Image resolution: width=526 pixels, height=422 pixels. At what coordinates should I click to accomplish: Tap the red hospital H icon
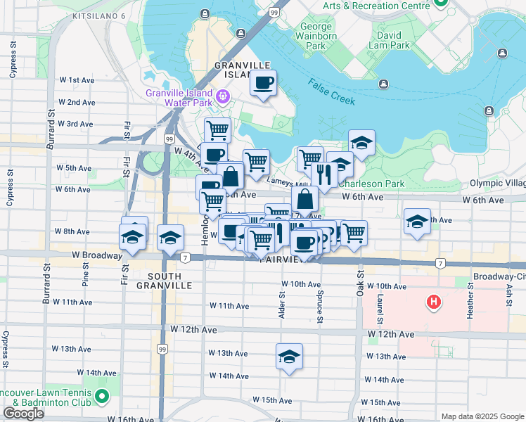pos(435,303)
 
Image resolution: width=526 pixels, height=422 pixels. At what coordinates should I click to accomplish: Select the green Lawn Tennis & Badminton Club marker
pos(102,398)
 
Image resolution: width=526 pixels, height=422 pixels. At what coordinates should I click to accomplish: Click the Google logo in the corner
pos(23,414)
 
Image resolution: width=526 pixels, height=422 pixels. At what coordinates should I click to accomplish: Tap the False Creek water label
pos(331,91)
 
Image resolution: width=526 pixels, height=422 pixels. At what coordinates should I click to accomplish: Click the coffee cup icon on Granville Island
pos(264,84)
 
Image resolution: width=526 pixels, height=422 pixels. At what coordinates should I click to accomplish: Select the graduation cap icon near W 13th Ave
pos(288,357)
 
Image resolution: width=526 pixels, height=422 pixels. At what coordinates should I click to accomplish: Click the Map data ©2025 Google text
pos(482,416)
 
